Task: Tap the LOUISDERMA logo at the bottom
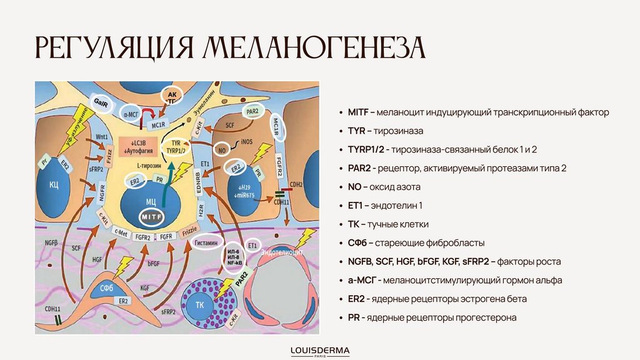pos(320,350)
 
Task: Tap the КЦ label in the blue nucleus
pos(54,185)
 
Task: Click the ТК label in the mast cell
pos(200,304)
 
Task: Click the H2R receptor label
pos(201,212)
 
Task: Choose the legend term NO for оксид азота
pos(354,187)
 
